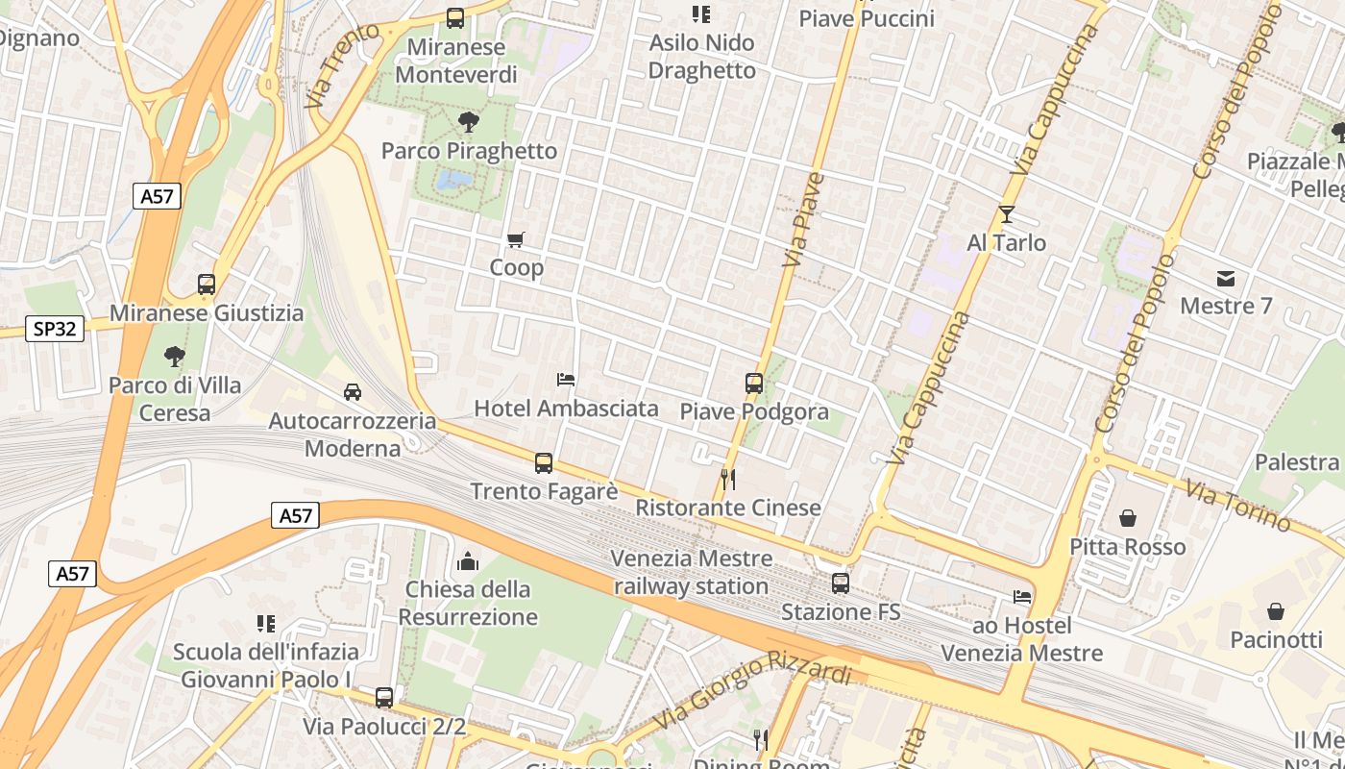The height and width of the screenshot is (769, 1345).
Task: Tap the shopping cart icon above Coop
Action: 516,239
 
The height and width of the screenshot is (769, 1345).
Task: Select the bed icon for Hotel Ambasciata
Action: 566,380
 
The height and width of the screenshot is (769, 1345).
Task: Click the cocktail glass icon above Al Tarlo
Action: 1006,213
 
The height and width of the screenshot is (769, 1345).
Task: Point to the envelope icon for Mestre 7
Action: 1226,279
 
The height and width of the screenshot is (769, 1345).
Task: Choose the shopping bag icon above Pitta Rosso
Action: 1128,519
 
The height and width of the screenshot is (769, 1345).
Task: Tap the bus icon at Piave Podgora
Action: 754,384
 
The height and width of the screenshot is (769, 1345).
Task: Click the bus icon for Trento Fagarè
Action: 544,463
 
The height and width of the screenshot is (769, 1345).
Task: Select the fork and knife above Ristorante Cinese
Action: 728,479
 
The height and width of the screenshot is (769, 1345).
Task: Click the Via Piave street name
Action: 804,221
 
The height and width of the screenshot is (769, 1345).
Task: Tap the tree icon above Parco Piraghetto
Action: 469,122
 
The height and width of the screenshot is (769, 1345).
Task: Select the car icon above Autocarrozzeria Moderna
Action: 353,392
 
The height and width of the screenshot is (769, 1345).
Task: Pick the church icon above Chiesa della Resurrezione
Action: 468,560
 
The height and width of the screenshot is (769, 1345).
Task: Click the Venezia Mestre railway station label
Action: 692,572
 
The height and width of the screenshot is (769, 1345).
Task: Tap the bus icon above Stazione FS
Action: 841,583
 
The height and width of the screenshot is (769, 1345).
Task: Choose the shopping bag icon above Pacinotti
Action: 1276,611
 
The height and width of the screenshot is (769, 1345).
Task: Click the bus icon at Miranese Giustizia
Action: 207,285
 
